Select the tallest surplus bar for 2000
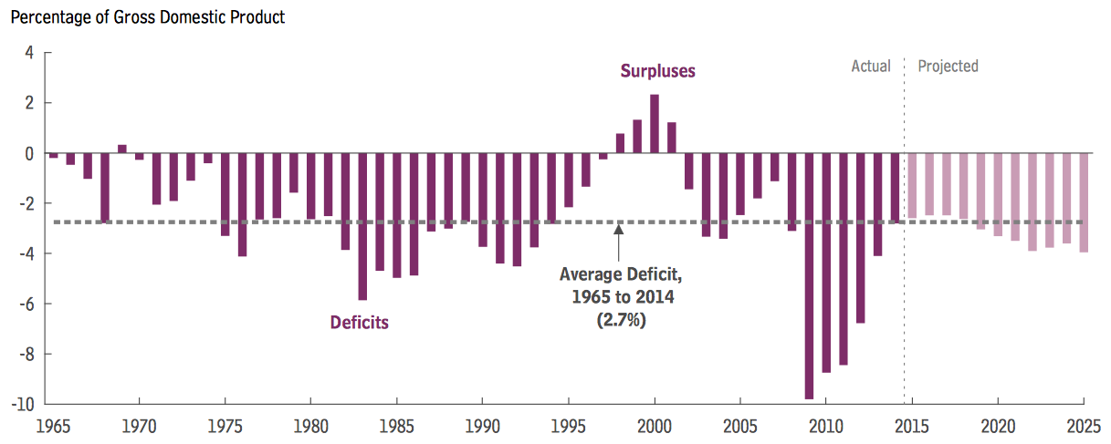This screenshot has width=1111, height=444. (655, 124)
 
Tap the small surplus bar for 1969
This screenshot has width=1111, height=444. (122, 149)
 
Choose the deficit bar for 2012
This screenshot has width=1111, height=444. (860, 238)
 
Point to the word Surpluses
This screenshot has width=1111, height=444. (657, 70)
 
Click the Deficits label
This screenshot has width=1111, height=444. (359, 322)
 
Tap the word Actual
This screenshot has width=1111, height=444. (870, 66)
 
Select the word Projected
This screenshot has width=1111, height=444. (948, 66)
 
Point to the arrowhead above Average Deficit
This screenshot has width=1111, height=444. (619, 230)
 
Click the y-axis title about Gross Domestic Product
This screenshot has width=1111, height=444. (147, 17)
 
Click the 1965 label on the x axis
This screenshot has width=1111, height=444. (52, 425)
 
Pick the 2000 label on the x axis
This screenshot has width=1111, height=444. (655, 425)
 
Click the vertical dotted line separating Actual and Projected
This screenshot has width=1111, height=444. (904, 274)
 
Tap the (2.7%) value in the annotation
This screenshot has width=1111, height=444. (620, 319)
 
